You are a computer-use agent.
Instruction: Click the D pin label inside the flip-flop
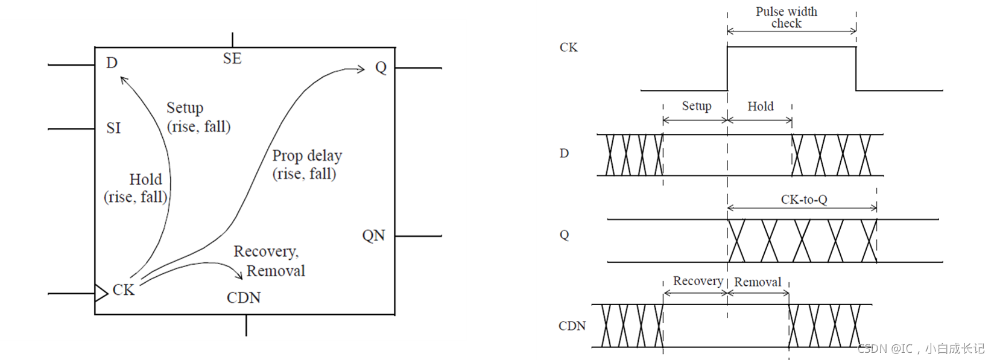pos(112,63)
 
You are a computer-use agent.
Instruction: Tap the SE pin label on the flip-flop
pos(232,58)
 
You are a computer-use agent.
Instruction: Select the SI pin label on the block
pos(113,128)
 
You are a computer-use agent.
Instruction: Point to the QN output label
pos(373,235)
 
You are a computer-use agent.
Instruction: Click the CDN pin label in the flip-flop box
pos(244,298)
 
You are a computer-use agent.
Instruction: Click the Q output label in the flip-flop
pos(381,67)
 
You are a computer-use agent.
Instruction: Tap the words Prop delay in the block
pos(306,156)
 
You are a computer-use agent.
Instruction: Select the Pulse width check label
pos(787,17)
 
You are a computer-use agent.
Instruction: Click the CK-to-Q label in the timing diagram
pos(803,200)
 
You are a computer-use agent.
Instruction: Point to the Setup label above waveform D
pos(696,106)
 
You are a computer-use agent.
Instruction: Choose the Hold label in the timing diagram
pos(760,107)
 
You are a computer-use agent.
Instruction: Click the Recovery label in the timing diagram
pos(698,281)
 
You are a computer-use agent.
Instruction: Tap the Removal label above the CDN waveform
pos(758,282)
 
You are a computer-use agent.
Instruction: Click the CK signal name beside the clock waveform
pos(568,47)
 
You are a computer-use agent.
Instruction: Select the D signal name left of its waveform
pos(564,153)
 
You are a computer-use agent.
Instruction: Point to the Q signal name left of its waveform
pos(565,235)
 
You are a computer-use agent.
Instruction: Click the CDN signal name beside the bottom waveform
pos(572,326)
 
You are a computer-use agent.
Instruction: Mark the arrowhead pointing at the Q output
pos(361,69)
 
